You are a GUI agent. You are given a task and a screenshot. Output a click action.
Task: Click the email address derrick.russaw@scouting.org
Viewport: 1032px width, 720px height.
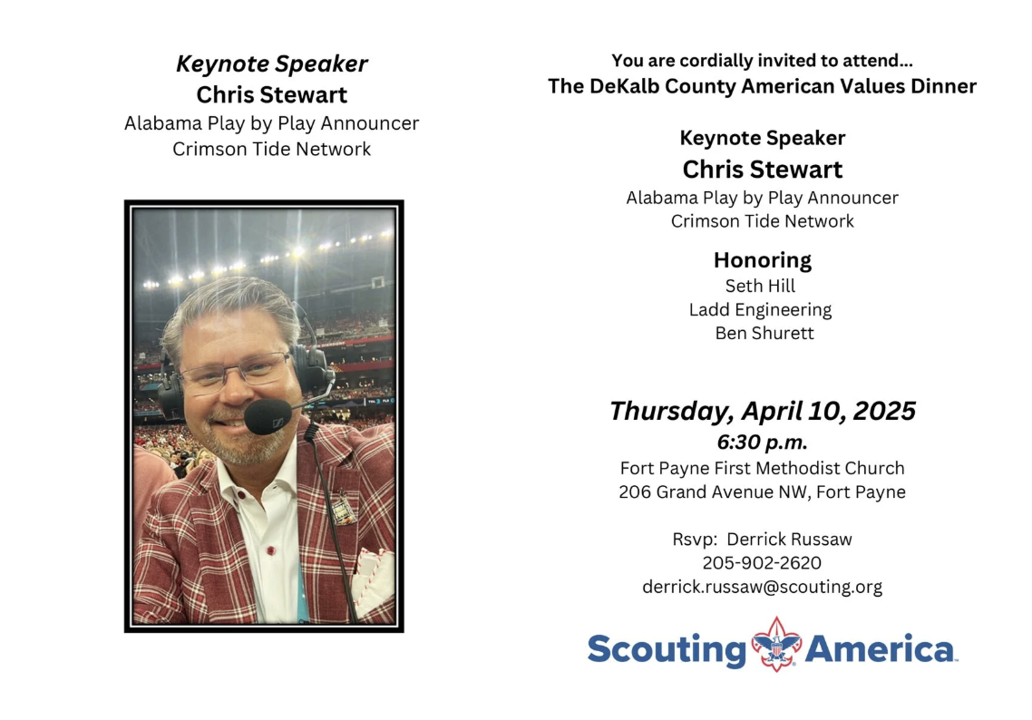[762, 587]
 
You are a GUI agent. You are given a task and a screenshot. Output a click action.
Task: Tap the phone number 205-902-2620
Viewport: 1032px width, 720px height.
[762, 563]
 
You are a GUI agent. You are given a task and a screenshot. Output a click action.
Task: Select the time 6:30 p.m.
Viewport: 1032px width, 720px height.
[762, 442]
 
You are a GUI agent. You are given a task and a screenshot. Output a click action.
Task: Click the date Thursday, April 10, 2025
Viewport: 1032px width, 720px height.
[762, 411]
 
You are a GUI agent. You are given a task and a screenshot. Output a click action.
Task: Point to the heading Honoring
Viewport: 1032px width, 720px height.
[762, 260]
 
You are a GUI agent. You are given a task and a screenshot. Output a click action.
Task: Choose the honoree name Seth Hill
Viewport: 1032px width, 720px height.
[760, 286]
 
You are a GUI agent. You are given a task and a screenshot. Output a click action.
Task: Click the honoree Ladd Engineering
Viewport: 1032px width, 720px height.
[760, 309]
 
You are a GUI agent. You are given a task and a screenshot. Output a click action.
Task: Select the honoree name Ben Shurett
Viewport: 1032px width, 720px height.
[764, 333]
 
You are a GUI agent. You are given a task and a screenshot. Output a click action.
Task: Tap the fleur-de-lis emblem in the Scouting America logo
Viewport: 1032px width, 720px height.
[776, 645]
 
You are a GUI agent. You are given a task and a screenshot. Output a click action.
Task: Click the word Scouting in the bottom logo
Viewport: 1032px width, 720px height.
[667, 650]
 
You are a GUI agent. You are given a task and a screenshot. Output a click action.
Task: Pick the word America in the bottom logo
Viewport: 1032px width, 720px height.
[880, 649]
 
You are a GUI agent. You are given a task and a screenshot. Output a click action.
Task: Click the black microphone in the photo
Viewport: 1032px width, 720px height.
[268, 416]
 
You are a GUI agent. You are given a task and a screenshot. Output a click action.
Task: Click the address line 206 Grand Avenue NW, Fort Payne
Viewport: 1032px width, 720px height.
[762, 491]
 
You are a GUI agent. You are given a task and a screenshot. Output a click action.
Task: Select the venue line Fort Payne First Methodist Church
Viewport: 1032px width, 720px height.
[762, 468]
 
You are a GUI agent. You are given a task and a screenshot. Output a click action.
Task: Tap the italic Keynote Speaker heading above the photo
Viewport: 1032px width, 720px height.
[272, 63]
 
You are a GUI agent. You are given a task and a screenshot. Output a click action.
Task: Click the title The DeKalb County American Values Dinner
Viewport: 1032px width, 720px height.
[762, 86]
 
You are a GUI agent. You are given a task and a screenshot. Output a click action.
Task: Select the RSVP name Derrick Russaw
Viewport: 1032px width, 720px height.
[789, 539]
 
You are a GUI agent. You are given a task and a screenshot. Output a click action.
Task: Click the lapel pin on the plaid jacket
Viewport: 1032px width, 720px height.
[342, 508]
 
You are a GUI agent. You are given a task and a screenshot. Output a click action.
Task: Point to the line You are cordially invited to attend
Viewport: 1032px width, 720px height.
[762, 61]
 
